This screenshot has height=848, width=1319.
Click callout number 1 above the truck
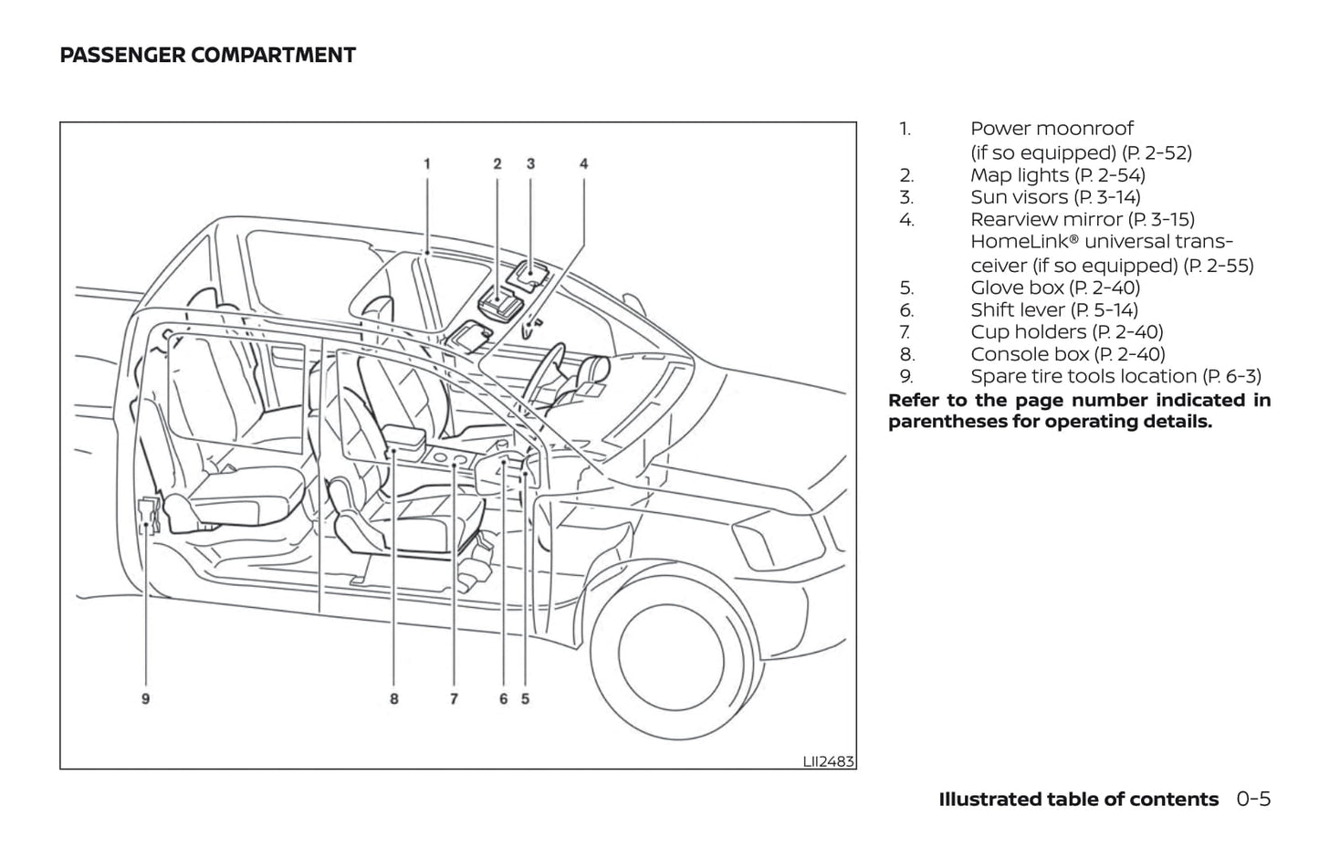point(426,164)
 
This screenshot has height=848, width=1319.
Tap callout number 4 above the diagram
point(584,164)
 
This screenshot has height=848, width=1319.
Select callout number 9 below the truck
point(145,699)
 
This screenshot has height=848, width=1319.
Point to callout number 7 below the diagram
point(454,699)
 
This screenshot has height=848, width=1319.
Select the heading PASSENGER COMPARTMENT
point(207,56)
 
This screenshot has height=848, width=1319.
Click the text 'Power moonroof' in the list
point(1052,129)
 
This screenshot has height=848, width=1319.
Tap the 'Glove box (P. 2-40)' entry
point(1055,288)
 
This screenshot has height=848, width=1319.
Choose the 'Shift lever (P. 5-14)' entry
point(1054,310)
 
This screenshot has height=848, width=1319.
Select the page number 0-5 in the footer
point(1254,800)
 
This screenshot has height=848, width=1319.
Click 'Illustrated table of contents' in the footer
point(1078,800)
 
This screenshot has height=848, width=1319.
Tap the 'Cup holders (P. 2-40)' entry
point(1066,332)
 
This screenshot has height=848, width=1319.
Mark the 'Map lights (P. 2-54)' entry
point(1057,175)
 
